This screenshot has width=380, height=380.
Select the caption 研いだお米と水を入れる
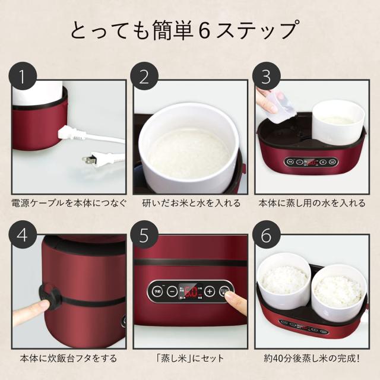[x=189, y=204]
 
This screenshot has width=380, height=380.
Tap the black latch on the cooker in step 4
[x=48, y=294]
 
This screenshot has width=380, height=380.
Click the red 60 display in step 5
[x=190, y=292]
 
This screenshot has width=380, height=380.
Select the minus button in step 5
[x=171, y=292]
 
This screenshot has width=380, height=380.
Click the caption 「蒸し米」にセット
[x=189, y=359]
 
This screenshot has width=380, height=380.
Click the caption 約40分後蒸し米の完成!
[x=312, y=359]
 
